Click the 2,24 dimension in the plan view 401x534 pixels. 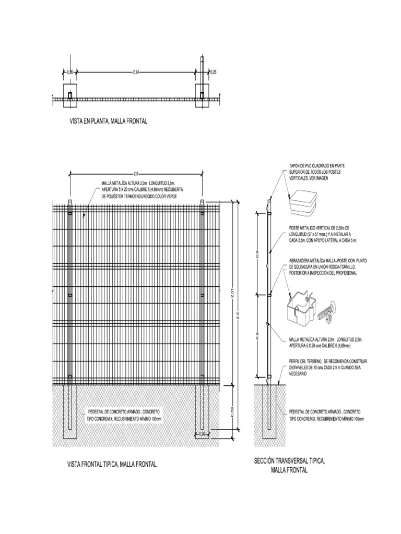point(136,72)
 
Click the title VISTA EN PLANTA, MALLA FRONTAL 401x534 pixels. point(109,121)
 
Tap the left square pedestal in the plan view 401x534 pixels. point(69,95)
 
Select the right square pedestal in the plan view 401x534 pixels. point(202,95)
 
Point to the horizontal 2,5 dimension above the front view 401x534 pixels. point(136,173)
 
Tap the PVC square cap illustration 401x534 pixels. point(304,202)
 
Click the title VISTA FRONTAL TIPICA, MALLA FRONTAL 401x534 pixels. point(113,464)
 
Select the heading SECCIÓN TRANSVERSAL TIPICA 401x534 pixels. point(289,461)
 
